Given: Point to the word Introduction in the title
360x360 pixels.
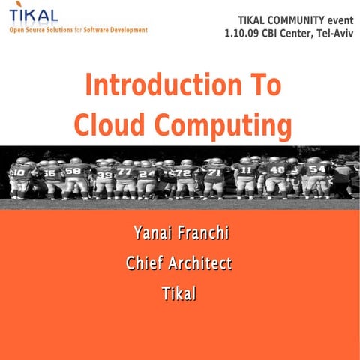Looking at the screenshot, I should coord(155,85).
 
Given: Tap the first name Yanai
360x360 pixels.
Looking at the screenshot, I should coord(153,233).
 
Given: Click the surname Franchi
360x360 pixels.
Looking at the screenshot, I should coord(204,233).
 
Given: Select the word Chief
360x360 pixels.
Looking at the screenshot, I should coord(145,263).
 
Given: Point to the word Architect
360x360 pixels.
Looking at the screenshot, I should coord(199,263).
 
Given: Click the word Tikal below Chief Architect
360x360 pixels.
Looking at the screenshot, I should coord(178,294).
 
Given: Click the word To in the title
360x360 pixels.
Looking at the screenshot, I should coord(262,85).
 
